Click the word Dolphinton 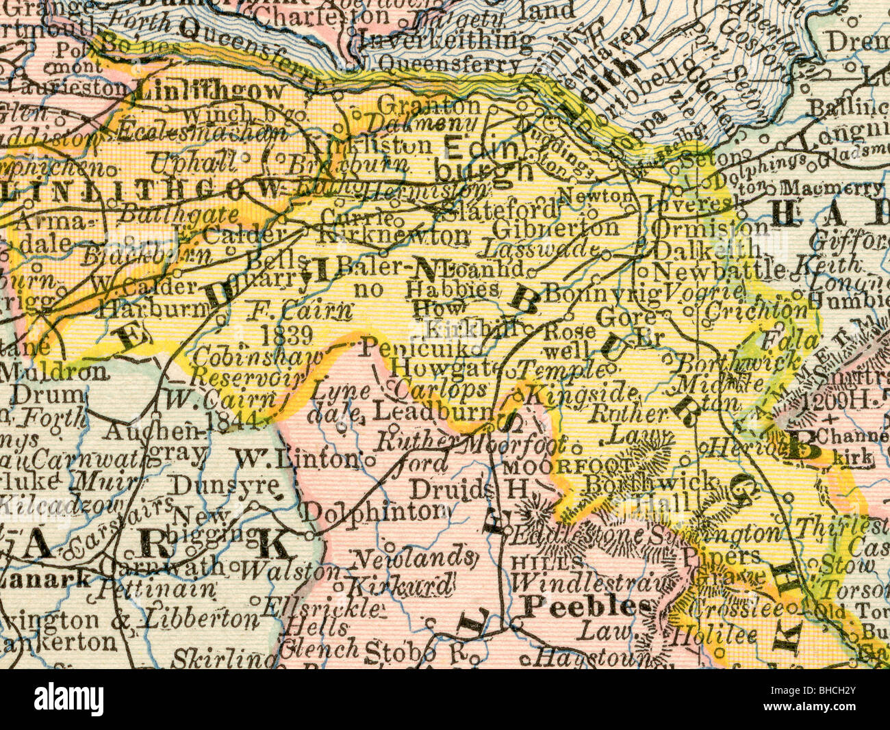point(373,510)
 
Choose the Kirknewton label point(395,236)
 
